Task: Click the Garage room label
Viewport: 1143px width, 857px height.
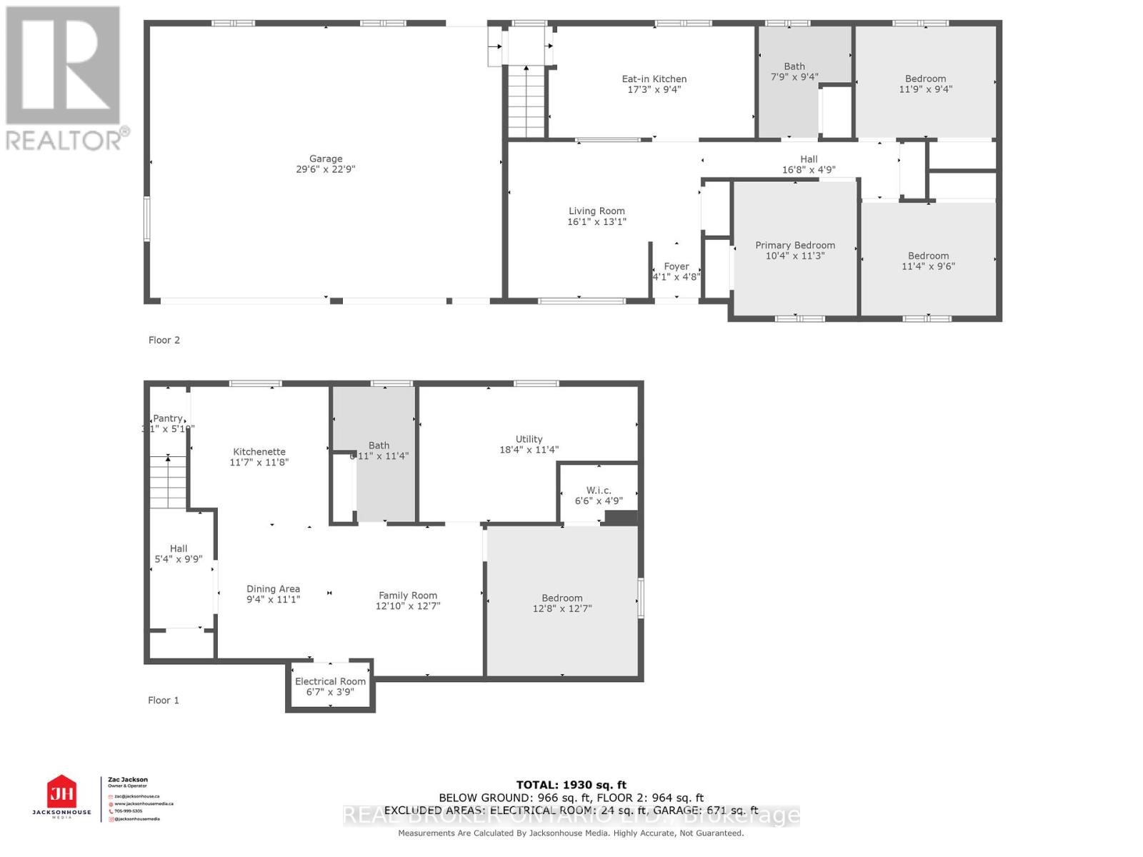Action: pyautogui.click(x=326, y=159)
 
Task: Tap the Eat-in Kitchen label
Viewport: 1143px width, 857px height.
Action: pyautogui.click(x=654, y=79)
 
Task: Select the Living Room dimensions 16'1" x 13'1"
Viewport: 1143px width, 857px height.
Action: pyautogui.click(x=597, y=222)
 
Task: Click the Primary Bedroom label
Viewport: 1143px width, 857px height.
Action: pyautogui.click(x=795, y=245)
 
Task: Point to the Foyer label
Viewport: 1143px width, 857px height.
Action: pyautogui.click(x=676, y=266)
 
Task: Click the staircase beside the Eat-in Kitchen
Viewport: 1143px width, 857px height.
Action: pyautogui.click(x=526, y=100)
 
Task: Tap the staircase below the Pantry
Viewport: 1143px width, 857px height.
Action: pyautogui.click(x=168, y=482)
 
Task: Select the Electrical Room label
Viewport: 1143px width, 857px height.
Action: pyautogui.click(x=330, y=681)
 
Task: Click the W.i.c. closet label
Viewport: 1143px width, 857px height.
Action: pyautogui.click(x=599, y=491)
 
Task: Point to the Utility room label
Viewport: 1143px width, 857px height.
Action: pyautogui.click(x=529, y=439)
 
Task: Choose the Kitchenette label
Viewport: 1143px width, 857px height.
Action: pyautogui.click(x=259, y=452)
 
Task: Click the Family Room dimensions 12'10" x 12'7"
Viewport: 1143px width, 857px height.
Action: pyautogui.click(x=408, y=606)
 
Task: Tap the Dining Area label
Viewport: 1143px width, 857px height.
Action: pyautogui.click(x=273, y=589)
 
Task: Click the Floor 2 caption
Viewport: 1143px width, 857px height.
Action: pyautogui.click(x=164, y=341)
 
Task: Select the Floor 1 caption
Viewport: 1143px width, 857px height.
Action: pyautogui.click(x=164, y=701)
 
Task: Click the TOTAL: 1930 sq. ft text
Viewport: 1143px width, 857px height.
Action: pyautogui.click(x=571, y=785)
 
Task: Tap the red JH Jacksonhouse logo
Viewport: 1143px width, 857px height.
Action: pyautogui.click(x=61, y=793)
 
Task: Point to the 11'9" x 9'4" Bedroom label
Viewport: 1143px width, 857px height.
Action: pyautogui.click(x=925, y=79)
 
